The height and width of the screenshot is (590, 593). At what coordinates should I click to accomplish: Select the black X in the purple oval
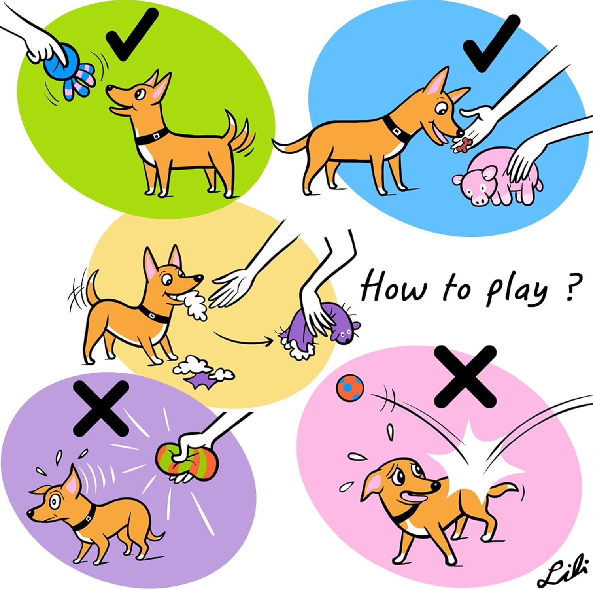click(102, 408)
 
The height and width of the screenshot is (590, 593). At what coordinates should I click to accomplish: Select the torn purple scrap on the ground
click(202, 382)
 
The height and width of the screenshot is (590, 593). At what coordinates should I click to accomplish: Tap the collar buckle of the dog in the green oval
click(157, 135)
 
